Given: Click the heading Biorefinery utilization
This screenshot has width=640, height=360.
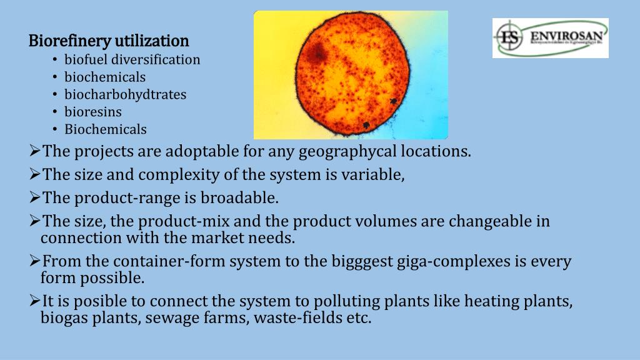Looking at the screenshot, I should pos(109,41).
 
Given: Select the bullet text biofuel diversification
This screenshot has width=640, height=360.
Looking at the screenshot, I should pos(132,60).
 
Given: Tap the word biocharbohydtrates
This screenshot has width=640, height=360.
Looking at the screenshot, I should pos(125,95).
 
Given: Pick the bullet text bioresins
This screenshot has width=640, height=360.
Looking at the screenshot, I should pos(93,112).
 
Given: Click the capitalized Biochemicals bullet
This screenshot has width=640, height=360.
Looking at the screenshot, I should pos(106,130).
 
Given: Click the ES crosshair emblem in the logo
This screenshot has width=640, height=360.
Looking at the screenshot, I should pos(509,37).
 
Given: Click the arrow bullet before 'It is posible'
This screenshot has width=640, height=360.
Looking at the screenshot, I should pos(35,301).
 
